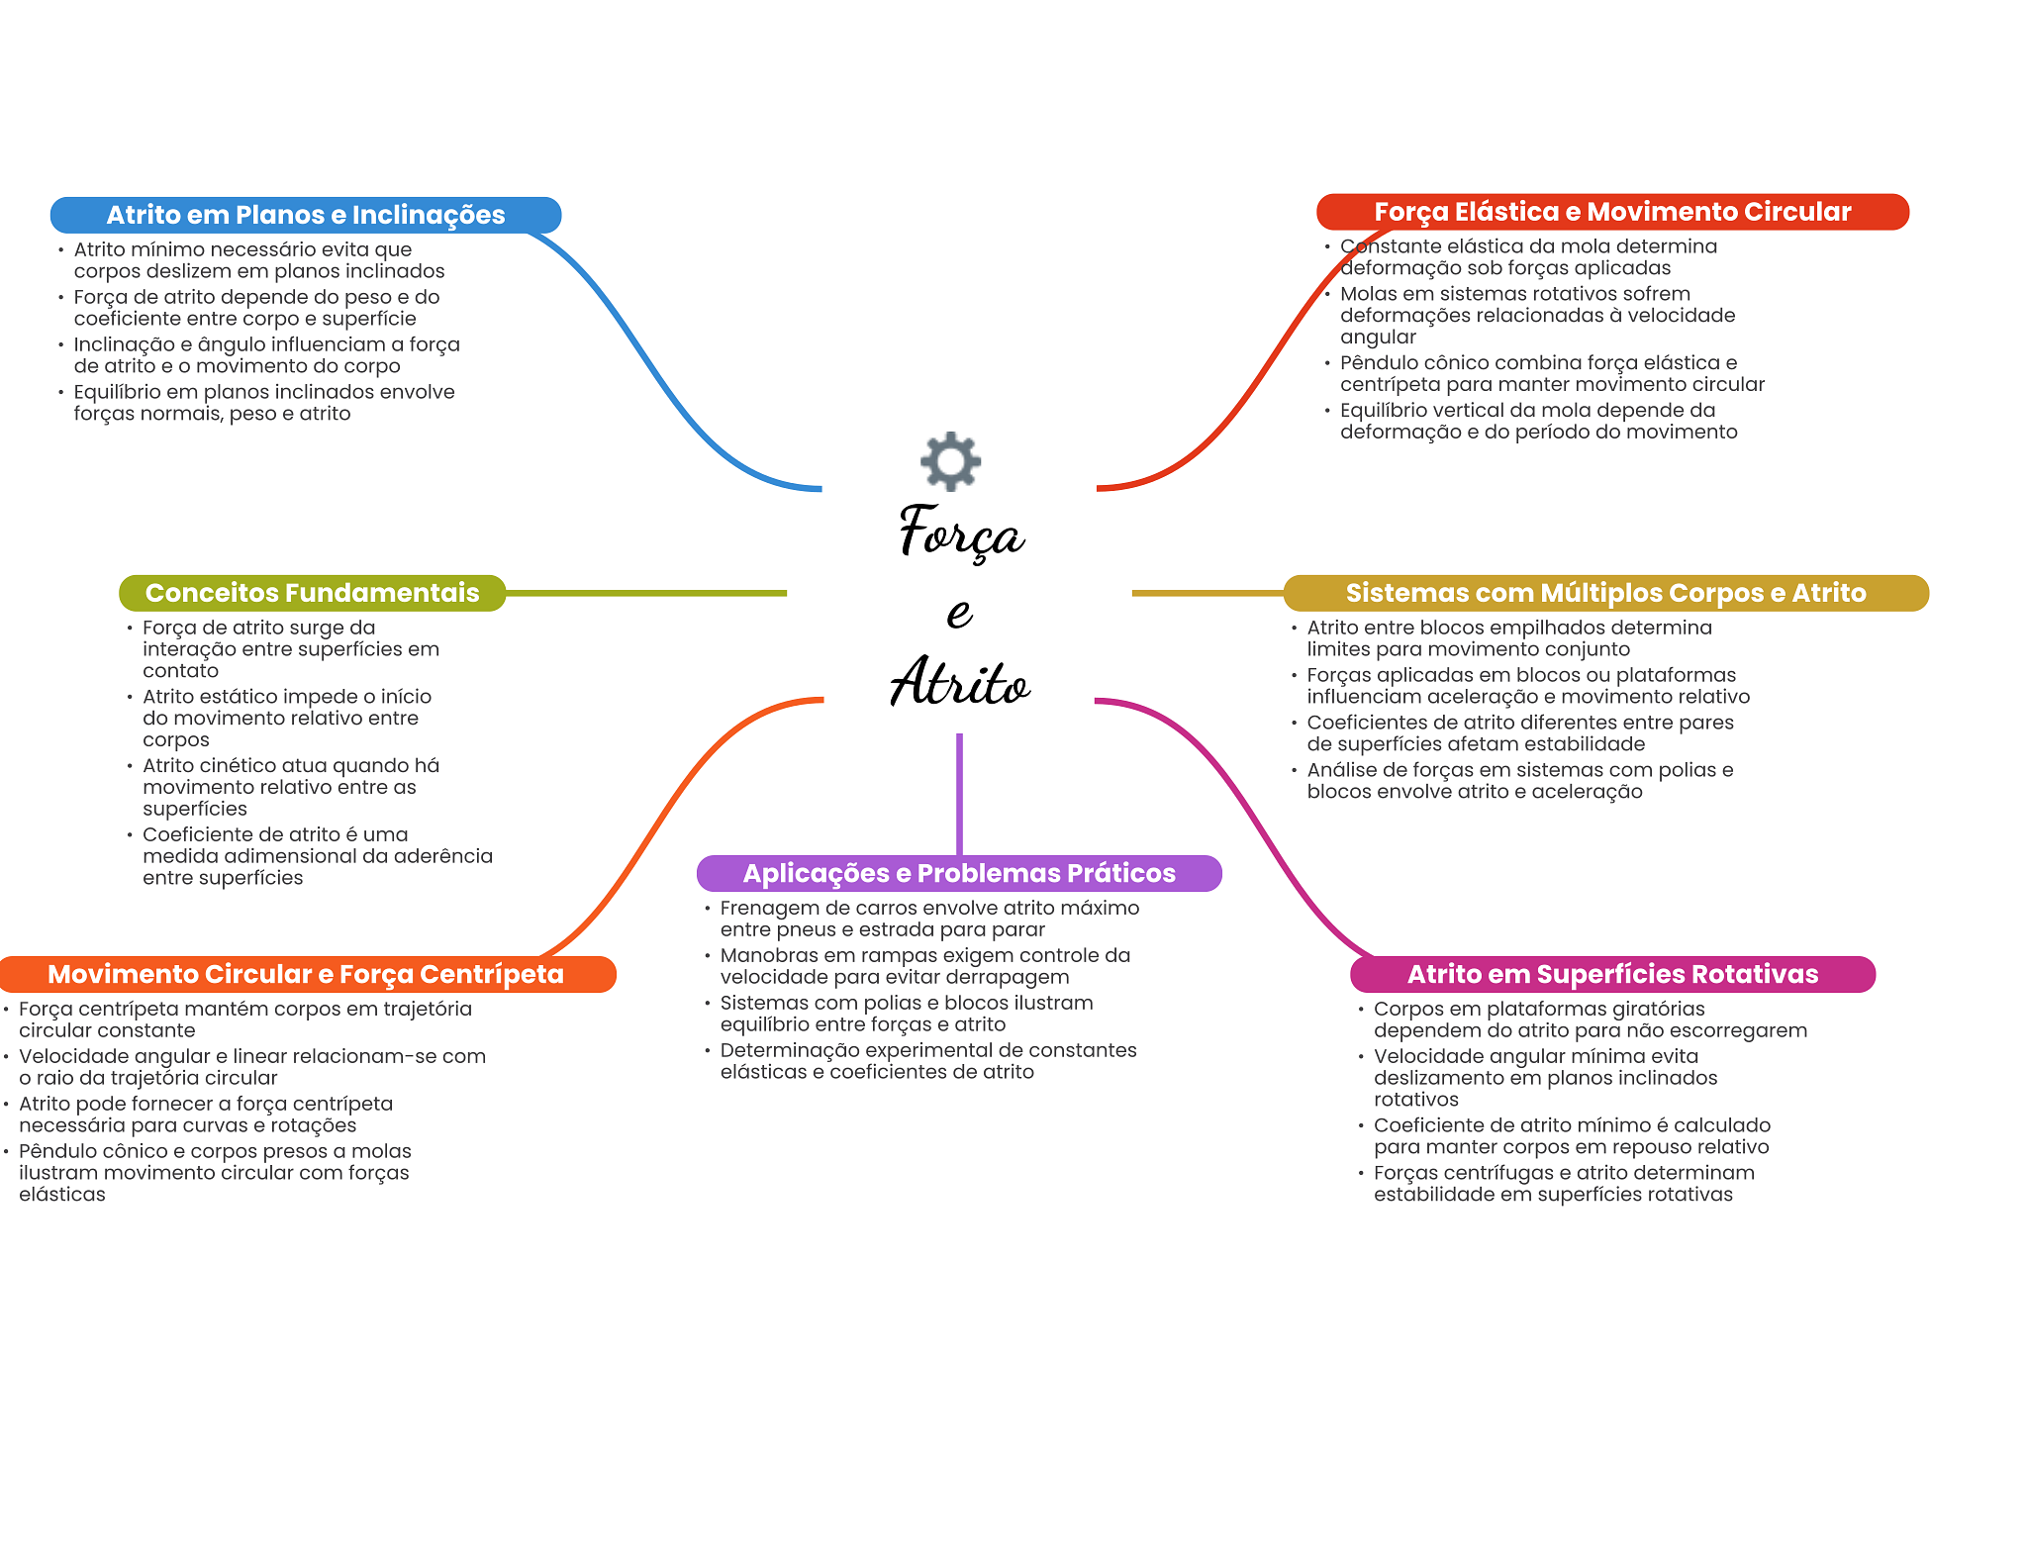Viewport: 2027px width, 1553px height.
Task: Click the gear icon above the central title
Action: pos(950,461)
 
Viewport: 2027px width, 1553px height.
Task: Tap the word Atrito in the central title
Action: pos(959,683)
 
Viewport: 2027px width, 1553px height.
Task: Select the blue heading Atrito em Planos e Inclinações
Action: pos(306,215)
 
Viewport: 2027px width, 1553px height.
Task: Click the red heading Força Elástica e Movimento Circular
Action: pos(1612,212)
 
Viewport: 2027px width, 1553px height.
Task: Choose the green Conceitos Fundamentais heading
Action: pos(312,593)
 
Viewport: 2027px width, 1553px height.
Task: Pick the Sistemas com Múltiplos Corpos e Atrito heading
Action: pos(1605,593)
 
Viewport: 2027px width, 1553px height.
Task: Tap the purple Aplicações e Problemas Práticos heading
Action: pos(959,873)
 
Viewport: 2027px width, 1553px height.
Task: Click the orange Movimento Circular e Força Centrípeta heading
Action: pos(306,974)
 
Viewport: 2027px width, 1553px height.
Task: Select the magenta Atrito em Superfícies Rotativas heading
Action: pos(1612,974)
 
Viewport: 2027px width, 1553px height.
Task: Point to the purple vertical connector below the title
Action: pos(959,792)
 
